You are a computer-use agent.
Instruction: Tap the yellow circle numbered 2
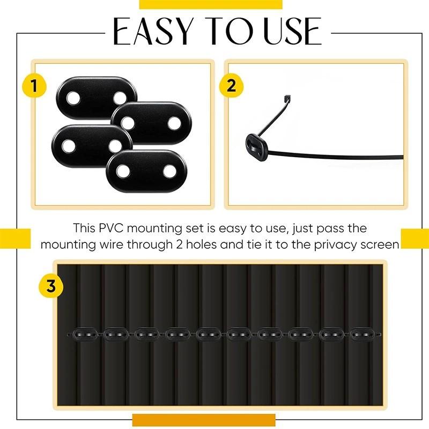(x=231, y=86)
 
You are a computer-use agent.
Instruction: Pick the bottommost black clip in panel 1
(x=146, y=172)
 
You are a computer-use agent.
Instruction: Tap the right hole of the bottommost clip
(x=169, y=172)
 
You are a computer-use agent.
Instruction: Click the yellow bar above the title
(x=210, y=4)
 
